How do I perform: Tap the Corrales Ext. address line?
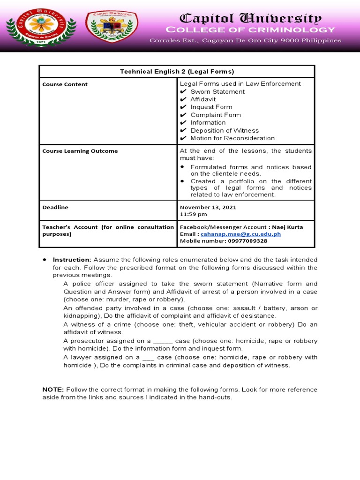(x=245, y=40)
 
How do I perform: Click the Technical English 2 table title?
(x=177, y=71)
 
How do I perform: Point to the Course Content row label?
(x=65, y=84)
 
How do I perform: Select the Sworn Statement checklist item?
(x=217, y=91)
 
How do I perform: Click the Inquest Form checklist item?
(x=211, y=107)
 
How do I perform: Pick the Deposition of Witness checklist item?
(x=224, y=130)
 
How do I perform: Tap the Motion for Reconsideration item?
(x=232, y=138)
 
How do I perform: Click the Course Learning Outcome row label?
(x=80, y=151)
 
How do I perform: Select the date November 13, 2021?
(x=208, y=207)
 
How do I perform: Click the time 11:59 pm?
(x=194, y=214)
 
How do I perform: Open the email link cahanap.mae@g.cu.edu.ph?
(x=240, y=234)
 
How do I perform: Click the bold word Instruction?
(x=72, y=260)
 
